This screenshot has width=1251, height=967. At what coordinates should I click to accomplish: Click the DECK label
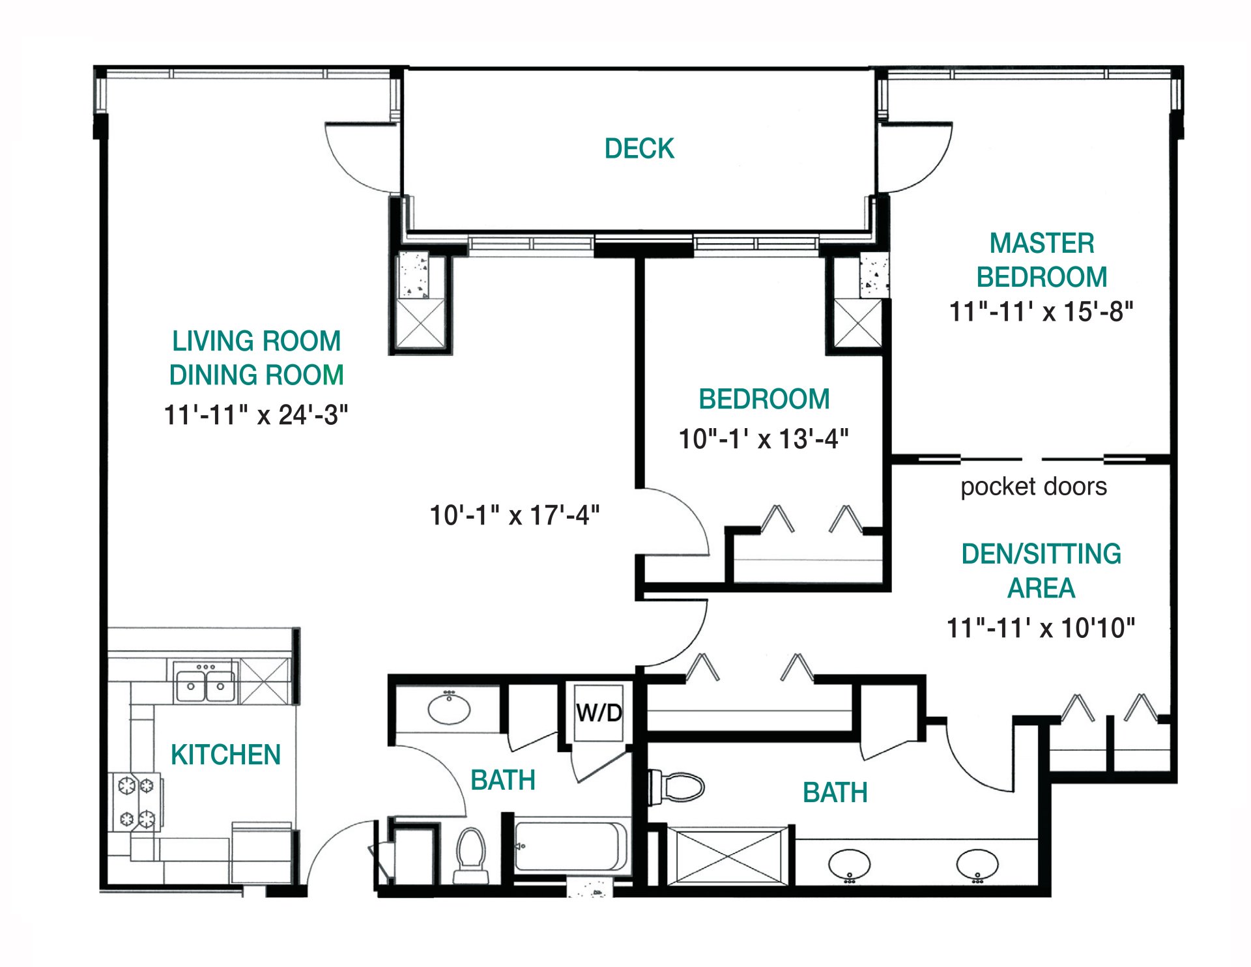639,149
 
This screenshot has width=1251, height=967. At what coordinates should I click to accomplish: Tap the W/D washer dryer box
599,712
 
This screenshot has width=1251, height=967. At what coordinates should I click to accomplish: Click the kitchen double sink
205,685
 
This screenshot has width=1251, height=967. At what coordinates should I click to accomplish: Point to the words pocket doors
1033,487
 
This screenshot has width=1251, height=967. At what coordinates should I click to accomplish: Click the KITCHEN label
225,755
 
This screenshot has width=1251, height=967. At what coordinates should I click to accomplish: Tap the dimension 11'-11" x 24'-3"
256,415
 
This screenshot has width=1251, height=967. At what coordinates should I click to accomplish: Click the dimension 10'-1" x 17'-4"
514,515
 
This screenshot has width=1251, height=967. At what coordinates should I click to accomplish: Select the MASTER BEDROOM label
1041,260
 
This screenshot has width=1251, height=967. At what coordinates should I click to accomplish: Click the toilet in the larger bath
678,787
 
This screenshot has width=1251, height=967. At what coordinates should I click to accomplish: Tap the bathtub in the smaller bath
569,846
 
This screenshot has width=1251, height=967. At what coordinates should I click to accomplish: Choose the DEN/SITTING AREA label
1041,571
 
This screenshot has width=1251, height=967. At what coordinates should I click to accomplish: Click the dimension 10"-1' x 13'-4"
764,439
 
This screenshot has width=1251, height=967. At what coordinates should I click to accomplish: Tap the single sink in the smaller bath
449,709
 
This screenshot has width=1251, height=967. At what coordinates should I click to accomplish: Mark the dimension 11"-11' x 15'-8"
1041,312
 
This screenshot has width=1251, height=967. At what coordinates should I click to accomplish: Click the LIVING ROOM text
256,341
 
